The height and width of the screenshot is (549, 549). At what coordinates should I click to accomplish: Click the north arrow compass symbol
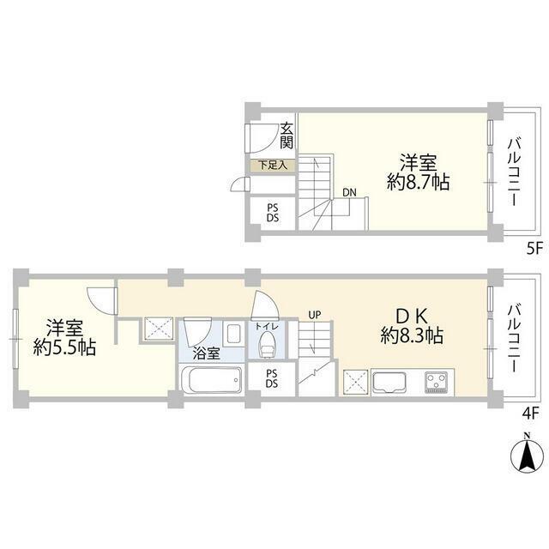(x=527, y=454)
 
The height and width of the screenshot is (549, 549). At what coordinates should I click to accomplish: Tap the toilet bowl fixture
(x=267, y=345)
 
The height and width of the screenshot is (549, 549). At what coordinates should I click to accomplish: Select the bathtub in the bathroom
(x=211, y=380)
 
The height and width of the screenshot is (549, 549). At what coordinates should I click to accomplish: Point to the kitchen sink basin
(x=389, y=383)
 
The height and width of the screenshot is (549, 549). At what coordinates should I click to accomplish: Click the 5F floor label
(x=534, y=249)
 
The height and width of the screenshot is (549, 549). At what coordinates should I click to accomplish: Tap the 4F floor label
(x=530, y=414)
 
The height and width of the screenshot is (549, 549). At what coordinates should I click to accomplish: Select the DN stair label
(x=349, y=192)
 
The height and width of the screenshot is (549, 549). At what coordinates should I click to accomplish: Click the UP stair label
(x=315, y=315)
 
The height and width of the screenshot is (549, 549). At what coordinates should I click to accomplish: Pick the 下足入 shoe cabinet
(x=273, y=166)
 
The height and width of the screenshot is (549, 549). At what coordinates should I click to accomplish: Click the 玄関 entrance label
(x=287, y=136)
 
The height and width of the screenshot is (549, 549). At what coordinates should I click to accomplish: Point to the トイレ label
(x=267, y=327)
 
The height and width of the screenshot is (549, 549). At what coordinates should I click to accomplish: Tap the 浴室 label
(x=206, y=354)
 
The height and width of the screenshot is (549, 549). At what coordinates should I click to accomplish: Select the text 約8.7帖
(x=418, y=182)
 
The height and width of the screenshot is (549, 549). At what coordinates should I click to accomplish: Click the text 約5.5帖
(x=64, y=347)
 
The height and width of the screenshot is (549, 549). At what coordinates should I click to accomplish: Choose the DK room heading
(x=412, y=317)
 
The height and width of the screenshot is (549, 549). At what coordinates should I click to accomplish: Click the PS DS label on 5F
(x=273, y=213)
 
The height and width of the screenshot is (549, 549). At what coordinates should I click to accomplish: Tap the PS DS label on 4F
(x=272, y=378)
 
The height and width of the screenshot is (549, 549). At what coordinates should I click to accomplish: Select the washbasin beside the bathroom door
(x=233, y=334)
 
